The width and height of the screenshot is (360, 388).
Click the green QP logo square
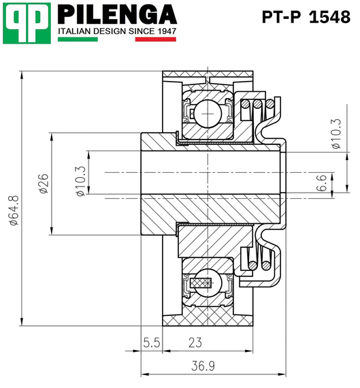(x=27, y=23)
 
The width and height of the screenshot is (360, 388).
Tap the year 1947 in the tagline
(x=167, y=31)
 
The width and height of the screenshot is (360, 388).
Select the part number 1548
(x=329, y=17)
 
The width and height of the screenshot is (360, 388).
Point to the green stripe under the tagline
(x=78, y=39)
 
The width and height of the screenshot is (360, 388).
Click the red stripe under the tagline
(x=156, y=39)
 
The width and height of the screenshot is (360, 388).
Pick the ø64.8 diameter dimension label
(x=14, y=210)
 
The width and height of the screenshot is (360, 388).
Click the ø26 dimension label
(x=44, y=183)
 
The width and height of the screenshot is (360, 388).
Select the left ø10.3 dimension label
(x=81, y=181)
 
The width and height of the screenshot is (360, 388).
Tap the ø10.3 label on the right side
(x=336, y=134)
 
